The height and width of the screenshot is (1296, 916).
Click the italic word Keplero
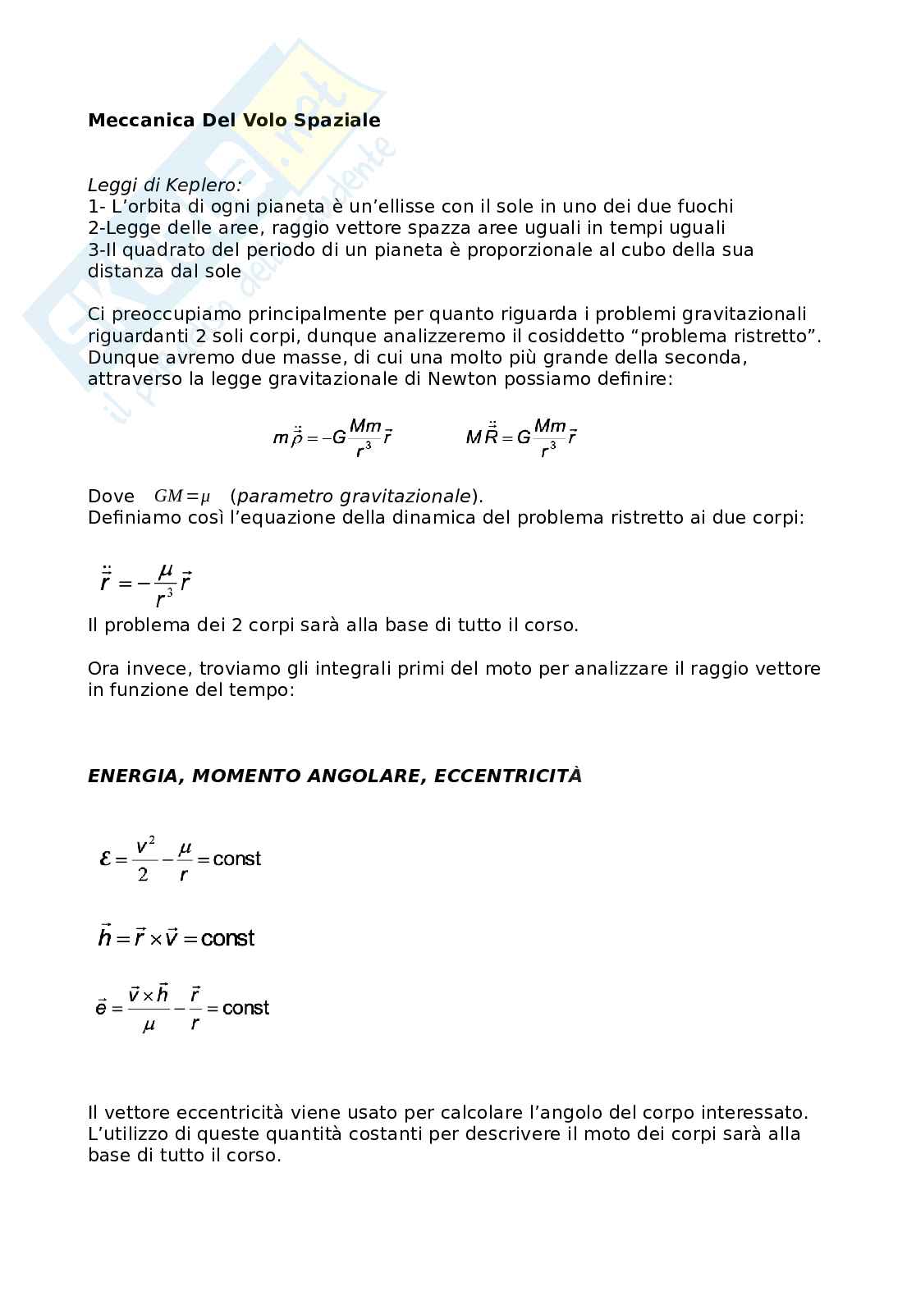(201, 185)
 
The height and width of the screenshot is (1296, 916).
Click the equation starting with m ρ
(332, 437)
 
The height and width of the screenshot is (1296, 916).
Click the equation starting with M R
(521, 437)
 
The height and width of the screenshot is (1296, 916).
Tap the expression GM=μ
(182, 497)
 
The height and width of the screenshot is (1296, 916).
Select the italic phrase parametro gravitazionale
(355, 497)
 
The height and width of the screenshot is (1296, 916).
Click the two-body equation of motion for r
(145, 581)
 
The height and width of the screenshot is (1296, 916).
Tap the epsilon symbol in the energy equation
(104, 859)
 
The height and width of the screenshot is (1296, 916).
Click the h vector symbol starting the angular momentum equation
(104, 937)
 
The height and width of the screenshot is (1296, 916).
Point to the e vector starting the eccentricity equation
(101, 1008)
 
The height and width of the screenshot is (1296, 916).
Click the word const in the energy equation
(236, 859)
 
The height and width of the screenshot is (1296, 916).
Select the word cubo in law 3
(636, 250)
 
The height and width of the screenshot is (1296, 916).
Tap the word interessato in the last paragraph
(757, 1113)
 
